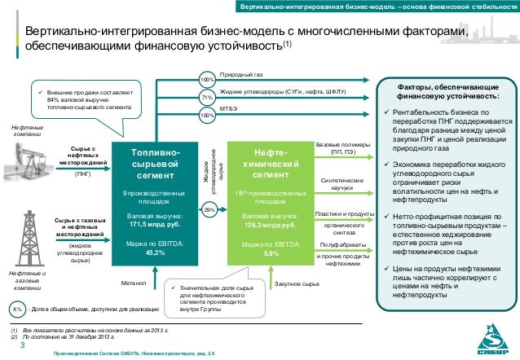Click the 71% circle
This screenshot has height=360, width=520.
click(206, 98)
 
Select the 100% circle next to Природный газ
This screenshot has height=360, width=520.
click(206, 80)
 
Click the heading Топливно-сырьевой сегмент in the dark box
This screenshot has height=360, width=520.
click(147, 165)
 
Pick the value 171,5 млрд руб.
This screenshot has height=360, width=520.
click(147, 222)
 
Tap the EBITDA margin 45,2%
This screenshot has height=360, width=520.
click(147, 252)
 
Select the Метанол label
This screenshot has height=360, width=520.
click(132, 284)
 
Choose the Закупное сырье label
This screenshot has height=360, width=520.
click(296, 284)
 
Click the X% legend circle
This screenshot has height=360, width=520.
click(17, 310)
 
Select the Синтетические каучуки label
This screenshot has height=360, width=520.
click(342, 184)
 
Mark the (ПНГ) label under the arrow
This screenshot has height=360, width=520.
click(84, 173)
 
